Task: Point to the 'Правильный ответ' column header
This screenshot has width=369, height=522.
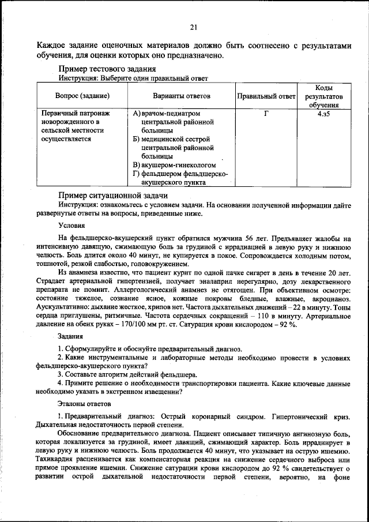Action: (x=266, y=96)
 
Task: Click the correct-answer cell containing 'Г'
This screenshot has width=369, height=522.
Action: (x=266, y=114)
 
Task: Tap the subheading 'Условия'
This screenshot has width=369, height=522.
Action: (x=71, y=225)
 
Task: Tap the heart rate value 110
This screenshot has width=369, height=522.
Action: (x=280, y=316)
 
